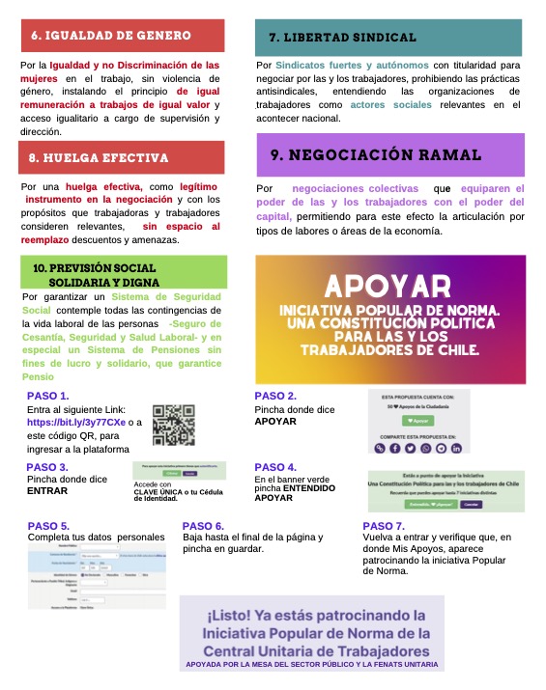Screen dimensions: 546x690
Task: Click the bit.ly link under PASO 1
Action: coord(72,423)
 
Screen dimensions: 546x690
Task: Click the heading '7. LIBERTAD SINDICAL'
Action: coord(343,38)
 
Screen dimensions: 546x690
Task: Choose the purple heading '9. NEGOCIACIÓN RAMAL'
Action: coord(377,153)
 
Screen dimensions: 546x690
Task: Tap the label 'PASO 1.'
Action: coord(49,396)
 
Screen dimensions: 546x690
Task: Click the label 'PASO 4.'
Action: coord(275,467)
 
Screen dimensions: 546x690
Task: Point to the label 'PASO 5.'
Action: coord(49,526)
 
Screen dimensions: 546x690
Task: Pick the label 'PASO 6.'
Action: coord(204,526)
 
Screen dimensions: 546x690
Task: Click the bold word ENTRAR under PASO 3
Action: coord(48,491)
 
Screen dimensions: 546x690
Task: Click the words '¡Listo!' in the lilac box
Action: coord(236,615)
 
